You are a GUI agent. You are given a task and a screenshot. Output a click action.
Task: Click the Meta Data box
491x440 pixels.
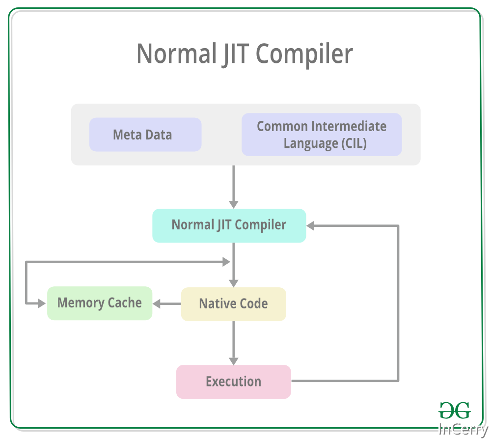145,135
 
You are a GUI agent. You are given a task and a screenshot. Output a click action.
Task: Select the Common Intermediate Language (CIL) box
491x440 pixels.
322,135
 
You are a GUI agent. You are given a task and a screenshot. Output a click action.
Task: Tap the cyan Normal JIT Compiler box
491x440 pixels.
229,225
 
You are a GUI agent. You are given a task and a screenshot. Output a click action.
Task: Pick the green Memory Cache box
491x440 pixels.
100,303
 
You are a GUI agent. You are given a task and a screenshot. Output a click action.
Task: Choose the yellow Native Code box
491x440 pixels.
233,304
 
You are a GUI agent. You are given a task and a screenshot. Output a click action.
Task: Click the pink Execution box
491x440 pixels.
233,382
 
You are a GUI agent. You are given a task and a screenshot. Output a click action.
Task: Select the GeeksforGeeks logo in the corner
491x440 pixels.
454,410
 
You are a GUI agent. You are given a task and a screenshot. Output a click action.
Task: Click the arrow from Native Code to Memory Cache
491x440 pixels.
167,304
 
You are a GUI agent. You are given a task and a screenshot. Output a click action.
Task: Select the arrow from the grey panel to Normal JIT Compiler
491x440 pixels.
233,187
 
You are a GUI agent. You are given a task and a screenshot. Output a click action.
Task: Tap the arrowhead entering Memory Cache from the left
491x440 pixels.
42,303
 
